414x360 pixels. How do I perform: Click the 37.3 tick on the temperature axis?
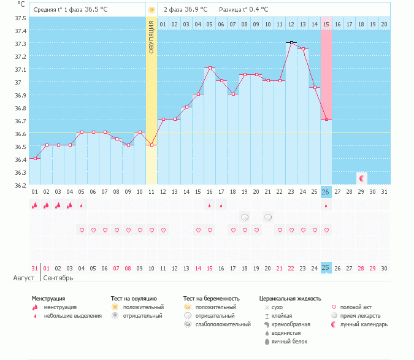click(x=20, y=44)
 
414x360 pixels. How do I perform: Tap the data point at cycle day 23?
click(x=291, y=42)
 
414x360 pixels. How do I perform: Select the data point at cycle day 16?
click(x=210, y=68)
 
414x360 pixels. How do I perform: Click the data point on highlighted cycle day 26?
click(x=326, y=120)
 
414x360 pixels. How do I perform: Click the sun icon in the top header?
click(x=151, y=10)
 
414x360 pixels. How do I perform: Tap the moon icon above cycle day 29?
click(x=362, y=178)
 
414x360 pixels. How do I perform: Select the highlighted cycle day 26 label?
click(x=326, y=191)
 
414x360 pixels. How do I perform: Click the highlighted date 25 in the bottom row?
click(x=326, y=267)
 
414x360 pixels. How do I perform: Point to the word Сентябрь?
click(x=59, y=278)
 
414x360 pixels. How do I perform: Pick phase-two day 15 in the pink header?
click(x=326, y=24)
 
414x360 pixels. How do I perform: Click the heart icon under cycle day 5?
click(x=82, y=231)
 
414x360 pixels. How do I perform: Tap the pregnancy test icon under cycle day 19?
click(x=245, y=217)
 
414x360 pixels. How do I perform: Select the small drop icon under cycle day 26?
click(x=326, y=206)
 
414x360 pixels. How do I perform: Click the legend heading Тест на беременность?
click(x=210, y=299)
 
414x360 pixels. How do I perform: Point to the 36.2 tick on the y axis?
click(x=20, y=185)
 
